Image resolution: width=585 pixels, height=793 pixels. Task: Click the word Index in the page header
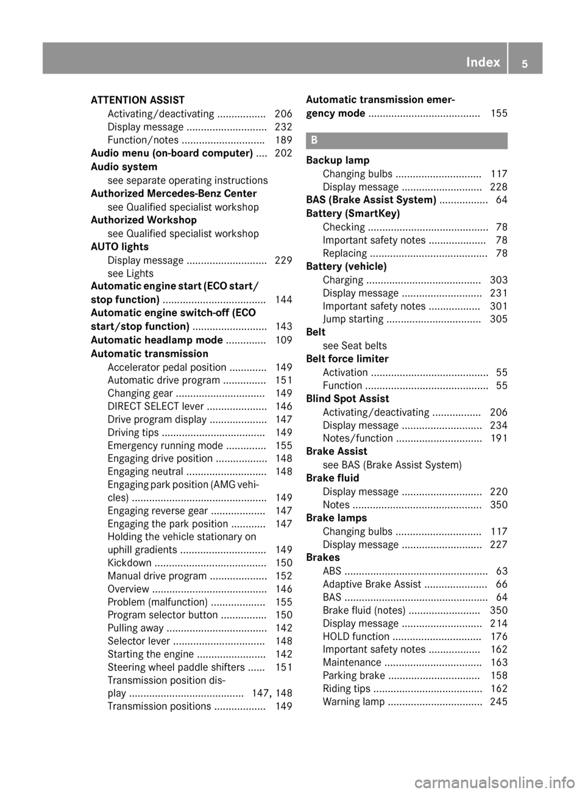click(x=483, y=62)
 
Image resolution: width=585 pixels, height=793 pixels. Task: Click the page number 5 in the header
click(x=525, y=63)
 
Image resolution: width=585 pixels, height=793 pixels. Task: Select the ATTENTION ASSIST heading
click(x=137, y=100)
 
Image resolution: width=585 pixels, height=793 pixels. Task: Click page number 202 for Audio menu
click(x=283, y=153)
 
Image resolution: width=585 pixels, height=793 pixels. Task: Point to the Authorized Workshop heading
click(x=143, y=220)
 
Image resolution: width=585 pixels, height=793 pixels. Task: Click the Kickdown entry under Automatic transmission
click(x=129, y=563)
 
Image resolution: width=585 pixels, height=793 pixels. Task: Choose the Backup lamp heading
click(x=338, y=160)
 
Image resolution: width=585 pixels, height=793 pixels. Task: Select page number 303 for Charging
click(x=498, y=280)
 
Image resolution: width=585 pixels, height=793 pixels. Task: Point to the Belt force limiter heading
click(x=347, y=359)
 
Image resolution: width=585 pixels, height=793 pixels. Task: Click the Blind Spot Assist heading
click(x=347, y=399)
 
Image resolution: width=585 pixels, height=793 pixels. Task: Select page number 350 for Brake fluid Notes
click(x=498, y=505)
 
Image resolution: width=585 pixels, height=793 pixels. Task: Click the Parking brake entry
click(x=353, y=675)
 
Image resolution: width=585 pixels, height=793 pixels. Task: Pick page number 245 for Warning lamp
click(x=498, y=702)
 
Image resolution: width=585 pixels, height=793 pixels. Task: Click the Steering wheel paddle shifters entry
click(x=176, y=667)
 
